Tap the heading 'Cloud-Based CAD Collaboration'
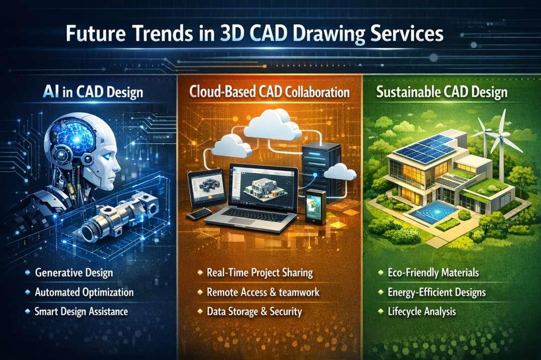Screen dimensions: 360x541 point(270,93)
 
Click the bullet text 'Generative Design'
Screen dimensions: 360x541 point(74,273)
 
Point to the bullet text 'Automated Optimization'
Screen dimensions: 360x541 point(85,292)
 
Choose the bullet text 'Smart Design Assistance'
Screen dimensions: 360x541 point(82,311)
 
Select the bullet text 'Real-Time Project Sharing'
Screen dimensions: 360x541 point(260,273)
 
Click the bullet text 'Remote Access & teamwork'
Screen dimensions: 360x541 point(263,292)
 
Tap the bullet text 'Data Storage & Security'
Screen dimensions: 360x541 point(254,311)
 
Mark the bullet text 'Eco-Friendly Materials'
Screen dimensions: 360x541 point(433,273)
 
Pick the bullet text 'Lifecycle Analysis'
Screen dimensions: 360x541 point(422,311)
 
